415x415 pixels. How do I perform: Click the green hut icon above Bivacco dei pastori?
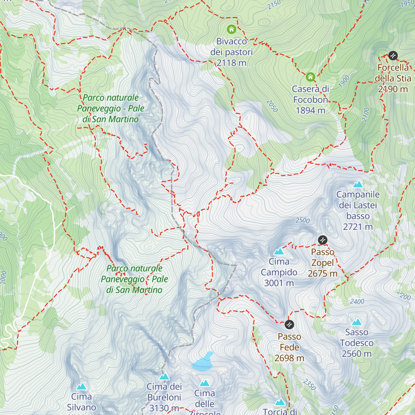(231, 29)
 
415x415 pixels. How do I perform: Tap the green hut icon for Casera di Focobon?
(310, 77)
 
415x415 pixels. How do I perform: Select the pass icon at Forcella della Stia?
(393, 55)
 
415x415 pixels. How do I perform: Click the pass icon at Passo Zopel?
(322, 240)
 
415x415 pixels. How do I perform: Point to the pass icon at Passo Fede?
(289, 324)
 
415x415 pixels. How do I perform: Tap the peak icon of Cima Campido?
(279, 251)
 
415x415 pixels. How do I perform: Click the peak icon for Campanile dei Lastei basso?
(358, 184)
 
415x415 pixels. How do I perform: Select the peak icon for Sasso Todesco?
(357, 322)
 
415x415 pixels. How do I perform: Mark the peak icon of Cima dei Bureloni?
(164, 376)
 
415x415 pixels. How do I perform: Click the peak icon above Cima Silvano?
(82, 386)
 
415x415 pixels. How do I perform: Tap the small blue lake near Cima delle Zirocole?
(203, 362)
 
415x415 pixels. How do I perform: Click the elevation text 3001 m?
(279, 283)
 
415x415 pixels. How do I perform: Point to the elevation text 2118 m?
(231, 63)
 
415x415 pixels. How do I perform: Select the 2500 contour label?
(303, 220)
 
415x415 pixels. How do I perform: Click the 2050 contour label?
(272, 106)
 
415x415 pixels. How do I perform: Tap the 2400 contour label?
(357, 302)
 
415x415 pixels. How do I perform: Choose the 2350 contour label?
(310, 384)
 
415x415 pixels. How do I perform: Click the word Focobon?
(310, 100)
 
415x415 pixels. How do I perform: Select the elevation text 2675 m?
(322, 274)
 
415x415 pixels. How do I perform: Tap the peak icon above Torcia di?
(280, 402)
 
